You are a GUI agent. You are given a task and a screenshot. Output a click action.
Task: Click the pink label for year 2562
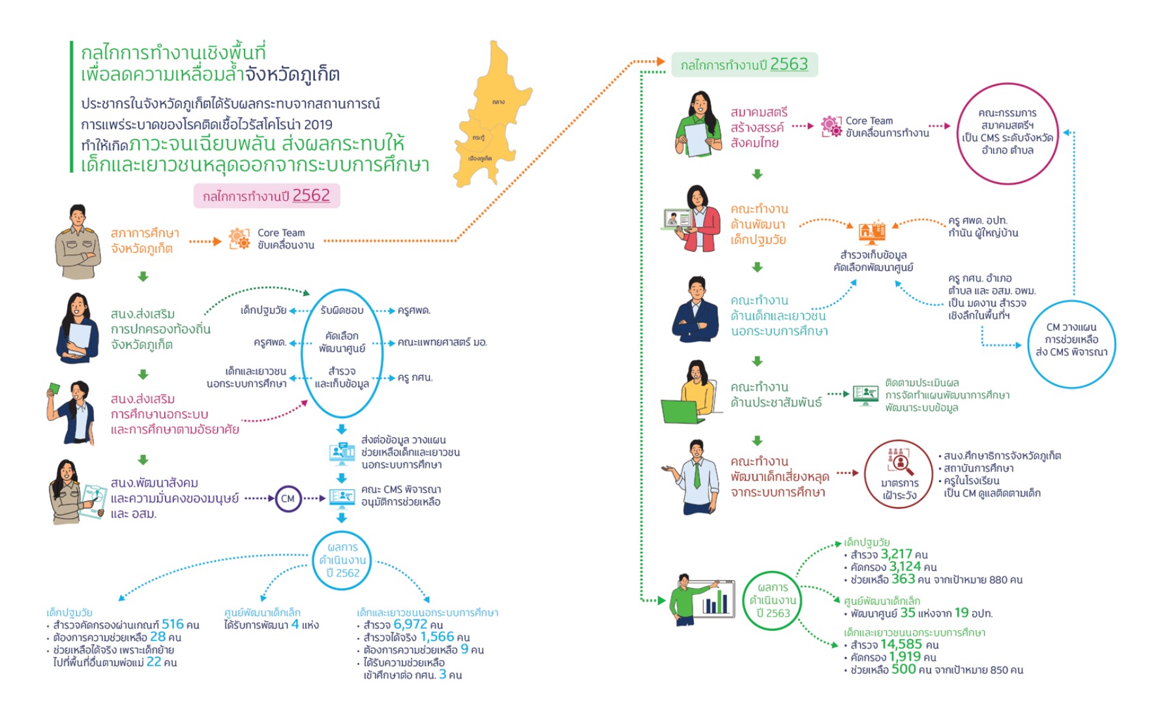tap(266, 196)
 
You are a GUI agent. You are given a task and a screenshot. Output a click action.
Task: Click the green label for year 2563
tap(744, 65)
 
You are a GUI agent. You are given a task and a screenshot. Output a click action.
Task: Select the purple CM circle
tap(288, 499)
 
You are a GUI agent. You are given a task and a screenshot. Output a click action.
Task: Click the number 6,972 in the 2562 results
tap(410, 624)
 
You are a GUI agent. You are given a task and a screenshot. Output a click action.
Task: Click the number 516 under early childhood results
tap(172, 624)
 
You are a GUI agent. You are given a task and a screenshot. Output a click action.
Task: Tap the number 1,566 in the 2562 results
tap(437, 637)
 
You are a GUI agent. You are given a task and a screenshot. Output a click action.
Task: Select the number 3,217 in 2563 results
tap(896, 554)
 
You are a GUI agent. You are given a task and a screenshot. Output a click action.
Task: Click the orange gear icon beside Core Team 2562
tap(239, 239)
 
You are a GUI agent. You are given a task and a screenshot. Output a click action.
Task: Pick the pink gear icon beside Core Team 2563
tap(831, 126)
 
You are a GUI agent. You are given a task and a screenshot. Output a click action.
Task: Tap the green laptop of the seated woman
tap(680, 411)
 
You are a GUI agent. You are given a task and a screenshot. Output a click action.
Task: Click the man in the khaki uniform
tap(78, 242)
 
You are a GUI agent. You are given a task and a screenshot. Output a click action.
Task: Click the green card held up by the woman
tap(54, 389)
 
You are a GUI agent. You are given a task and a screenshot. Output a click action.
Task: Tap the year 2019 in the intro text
tap(318, 125)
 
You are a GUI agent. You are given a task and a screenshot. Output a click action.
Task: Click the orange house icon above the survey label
tap(871, 232)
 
